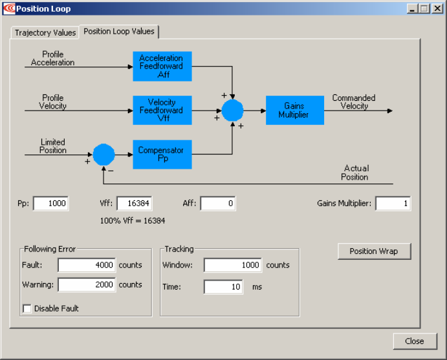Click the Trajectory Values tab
pos(45,33)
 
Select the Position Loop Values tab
pos(119,31)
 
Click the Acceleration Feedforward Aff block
pos(162,67)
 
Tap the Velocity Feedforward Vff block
pos(162,111)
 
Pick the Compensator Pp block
pos(162,154)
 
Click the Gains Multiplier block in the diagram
pos(295,111)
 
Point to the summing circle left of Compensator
pos(104,154)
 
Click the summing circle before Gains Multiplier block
pos(232,111)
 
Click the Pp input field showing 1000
pos(51,204)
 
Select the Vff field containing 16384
pos(135,204)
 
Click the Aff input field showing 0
pos(218,204)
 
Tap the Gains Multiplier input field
pos(393,204)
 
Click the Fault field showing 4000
pos(87,265)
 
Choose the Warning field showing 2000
pos(87,284)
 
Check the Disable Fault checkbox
pos(27,308)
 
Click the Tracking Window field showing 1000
pos(233,265)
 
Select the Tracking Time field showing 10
pos(224,287)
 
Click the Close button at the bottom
pos(415,341)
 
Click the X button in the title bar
pos(437,8)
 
